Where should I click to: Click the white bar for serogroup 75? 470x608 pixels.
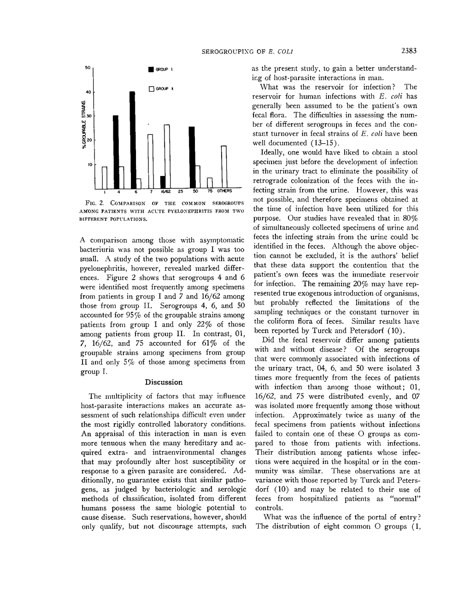click(x=209, y=183)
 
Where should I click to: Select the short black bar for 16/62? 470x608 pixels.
click(x=163, y=182)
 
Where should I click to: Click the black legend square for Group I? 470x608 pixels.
click(x=150, y=70)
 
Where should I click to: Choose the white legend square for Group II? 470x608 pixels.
click(x=150, y=88)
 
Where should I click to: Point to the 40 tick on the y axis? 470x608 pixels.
click(x=89, y=92)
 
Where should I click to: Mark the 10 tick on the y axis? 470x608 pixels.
click(x=89, y=164)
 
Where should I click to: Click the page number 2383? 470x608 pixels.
click(x=409, y=51)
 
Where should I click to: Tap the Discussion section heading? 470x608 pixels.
click(x=164, y=382)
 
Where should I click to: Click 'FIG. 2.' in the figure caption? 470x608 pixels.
click(x=94, y=203)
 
